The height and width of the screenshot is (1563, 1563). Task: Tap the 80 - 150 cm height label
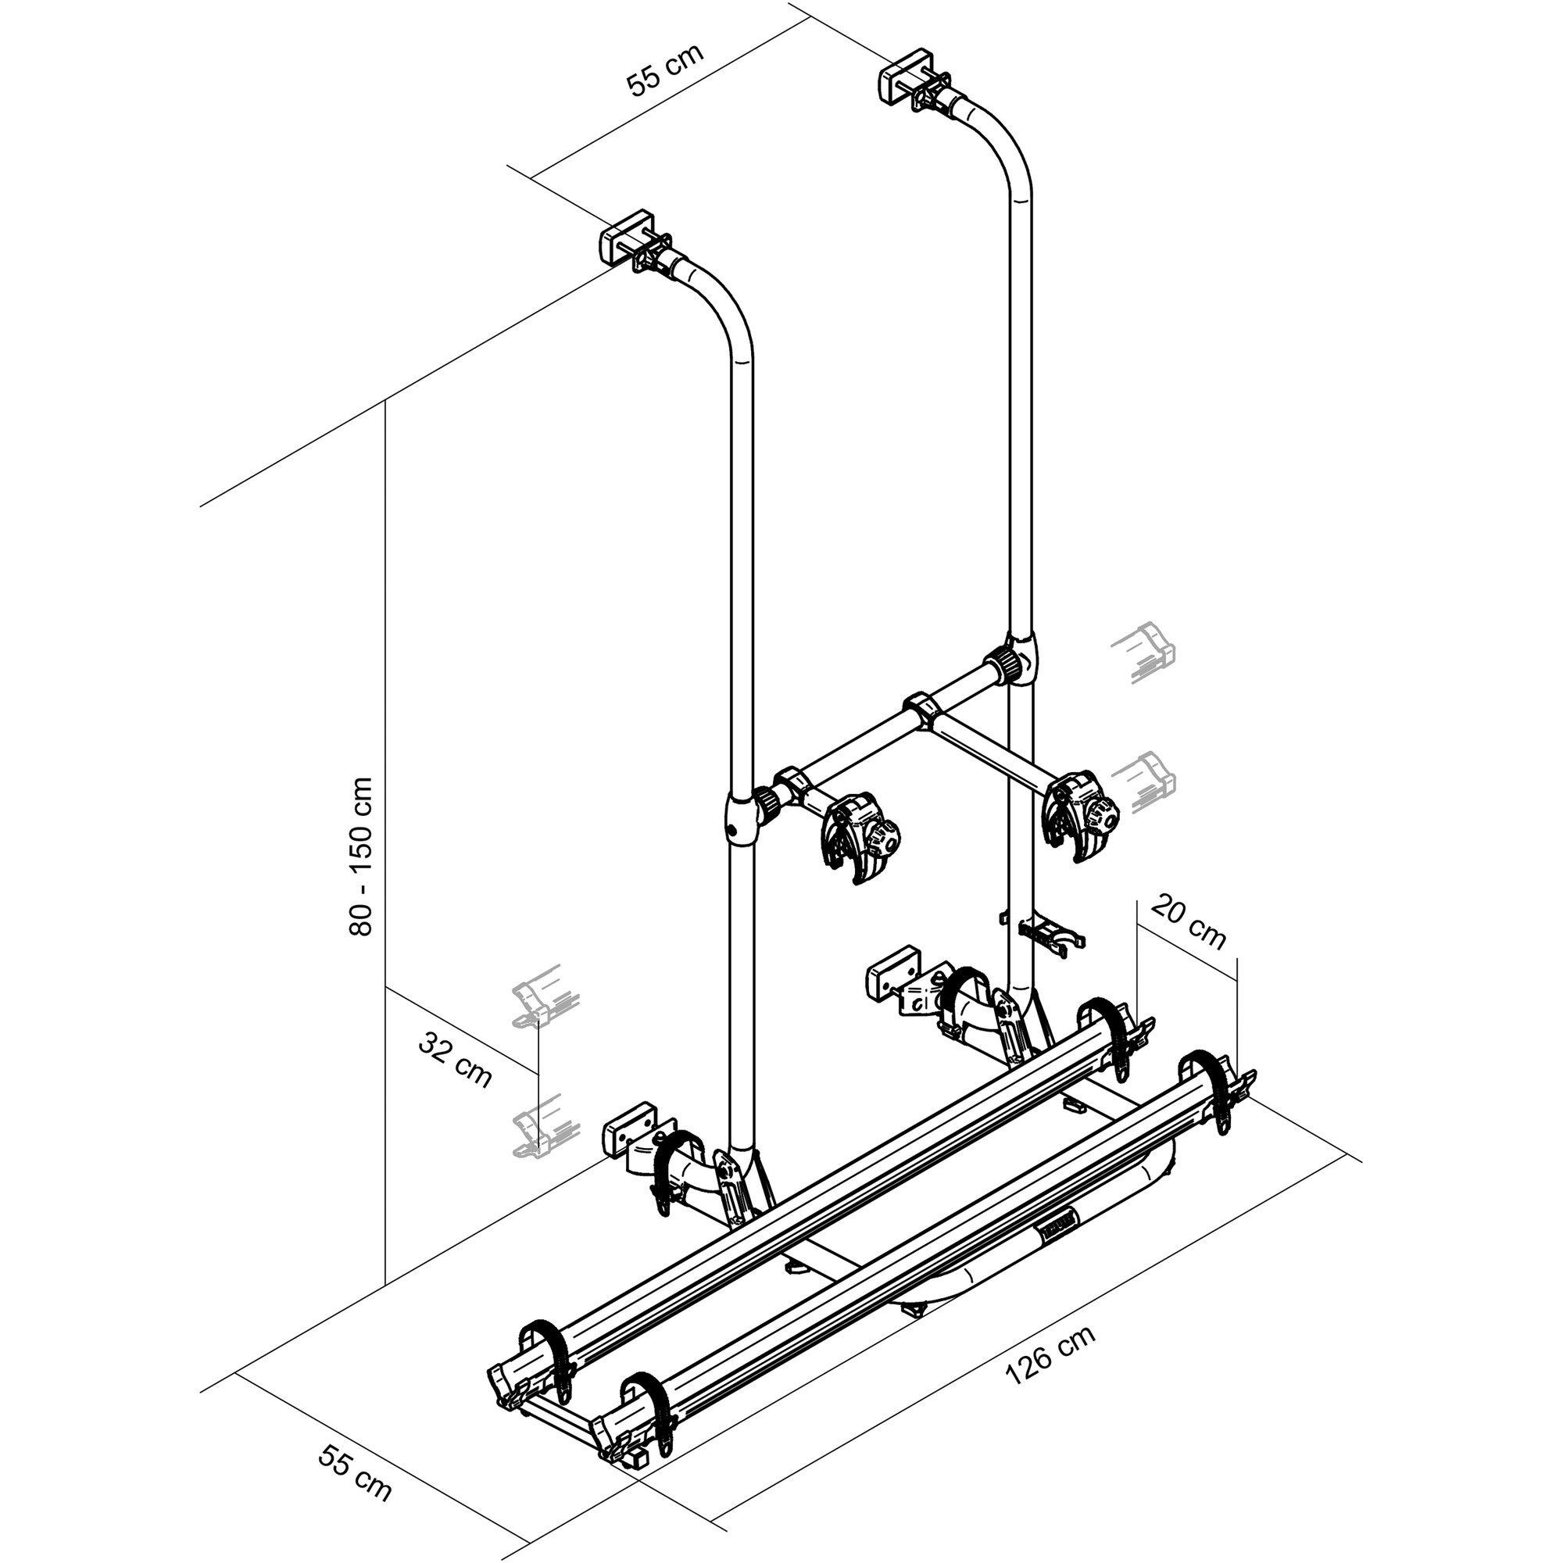361,857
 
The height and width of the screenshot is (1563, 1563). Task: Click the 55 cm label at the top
665,69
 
